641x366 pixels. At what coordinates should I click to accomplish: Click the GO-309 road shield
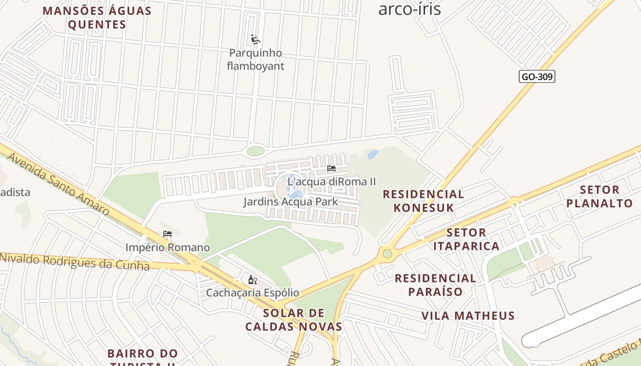[537, 77]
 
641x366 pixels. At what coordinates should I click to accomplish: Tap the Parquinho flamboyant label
[255, 59]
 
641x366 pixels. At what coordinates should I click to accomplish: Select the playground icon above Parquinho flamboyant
[255, 40]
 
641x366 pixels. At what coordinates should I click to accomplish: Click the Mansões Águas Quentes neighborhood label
[97, 17]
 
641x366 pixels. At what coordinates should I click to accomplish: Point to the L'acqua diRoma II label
[331, 182]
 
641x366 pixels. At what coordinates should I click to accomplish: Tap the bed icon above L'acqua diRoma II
[331, 168]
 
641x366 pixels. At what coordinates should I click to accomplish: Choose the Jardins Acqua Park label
[290, 202]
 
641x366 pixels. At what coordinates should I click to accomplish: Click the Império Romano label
[168, 248]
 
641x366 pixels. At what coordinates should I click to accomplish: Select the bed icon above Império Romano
[168, 234]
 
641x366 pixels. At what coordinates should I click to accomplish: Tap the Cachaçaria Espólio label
[252, 293]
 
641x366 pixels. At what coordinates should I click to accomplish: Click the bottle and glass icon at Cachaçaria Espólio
[252, 280]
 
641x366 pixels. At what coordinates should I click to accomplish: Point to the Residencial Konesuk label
[424, 201]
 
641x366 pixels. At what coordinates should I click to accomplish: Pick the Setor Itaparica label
[466, 239]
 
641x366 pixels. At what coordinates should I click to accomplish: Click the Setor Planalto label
[599, 196]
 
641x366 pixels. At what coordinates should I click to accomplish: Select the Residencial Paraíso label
[435, 285]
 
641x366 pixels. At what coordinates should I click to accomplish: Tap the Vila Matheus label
[468, 316]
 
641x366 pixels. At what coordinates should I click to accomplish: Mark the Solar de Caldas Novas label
[293, 320]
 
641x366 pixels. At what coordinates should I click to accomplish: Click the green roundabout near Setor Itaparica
[387, 253]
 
